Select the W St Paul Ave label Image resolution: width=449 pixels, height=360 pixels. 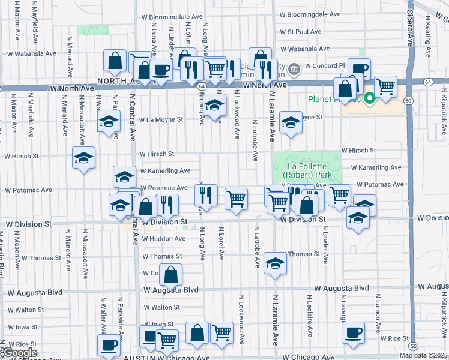pyautogui.click(x=301, y=32)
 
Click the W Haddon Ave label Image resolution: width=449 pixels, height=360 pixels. pyautogui.click(x=163, y=239)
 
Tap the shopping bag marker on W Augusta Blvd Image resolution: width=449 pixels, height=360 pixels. pyautogui.click(x=170, y=275)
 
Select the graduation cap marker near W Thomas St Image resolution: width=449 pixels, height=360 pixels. pyautogui.click(x=275, y=263)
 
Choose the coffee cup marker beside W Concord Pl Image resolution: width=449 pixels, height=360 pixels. pyautogui.click(x=359, y=69)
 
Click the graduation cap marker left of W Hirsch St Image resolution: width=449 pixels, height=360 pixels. pyautogui.click(x=83, y=158)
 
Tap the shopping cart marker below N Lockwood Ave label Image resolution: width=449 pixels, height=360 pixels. pyautogui.click(x=237, y=198)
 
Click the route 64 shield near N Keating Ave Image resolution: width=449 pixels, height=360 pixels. pyautogui.click(x=427, y=81)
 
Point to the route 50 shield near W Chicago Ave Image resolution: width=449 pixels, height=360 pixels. pyautogui.click(x=413, y=346)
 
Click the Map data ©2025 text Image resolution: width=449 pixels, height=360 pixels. pyautogui.click(x=423, y=355)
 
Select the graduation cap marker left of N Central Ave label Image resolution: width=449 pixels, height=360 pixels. pyautogui.click(x=109, y=123)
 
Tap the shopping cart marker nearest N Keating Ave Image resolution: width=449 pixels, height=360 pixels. pyautogui.click(x=385, y=86)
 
